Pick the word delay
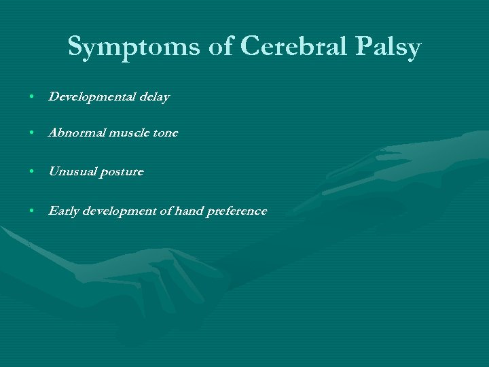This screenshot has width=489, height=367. pos(155,97)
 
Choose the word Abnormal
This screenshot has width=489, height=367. pos(77,133)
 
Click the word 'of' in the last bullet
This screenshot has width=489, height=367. pos(164,211)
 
